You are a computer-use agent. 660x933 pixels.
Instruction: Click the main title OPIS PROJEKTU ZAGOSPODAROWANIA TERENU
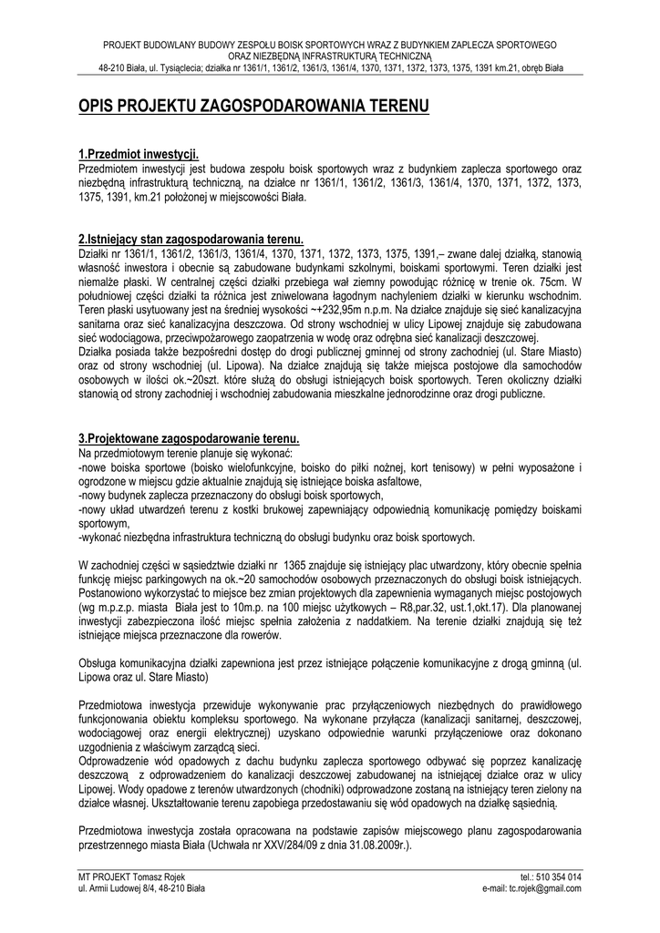pyautogui.click(x=253, y=108)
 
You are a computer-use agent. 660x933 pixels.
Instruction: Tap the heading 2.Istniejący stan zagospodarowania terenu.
pyautogui.click(x=184, y=238)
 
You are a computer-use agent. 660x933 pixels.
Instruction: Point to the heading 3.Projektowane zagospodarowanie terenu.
pyautogui.click(x=189, y=439)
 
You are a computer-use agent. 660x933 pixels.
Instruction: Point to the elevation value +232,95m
pyautogui.click(x=335, y=309)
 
